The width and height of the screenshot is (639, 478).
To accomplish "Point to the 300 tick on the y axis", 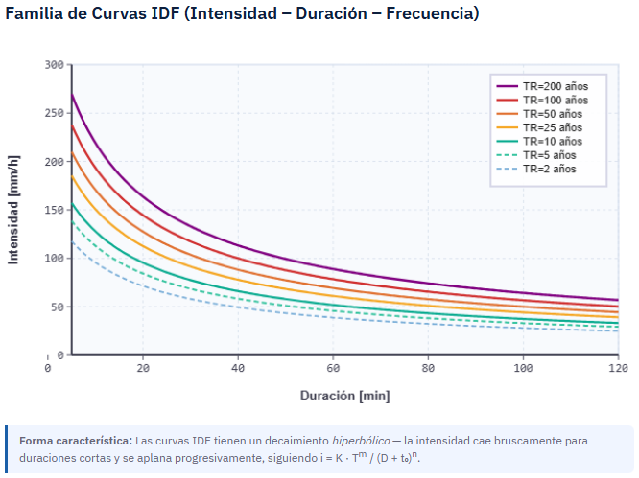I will [54, 65].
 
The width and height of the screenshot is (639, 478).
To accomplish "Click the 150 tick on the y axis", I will [54, 210].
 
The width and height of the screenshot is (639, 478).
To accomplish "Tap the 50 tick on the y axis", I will [58, 307].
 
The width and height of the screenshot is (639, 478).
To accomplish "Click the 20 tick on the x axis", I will [143, 367].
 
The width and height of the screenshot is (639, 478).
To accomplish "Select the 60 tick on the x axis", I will [333, 367].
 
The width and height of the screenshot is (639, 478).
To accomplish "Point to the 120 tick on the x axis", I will [618, 367].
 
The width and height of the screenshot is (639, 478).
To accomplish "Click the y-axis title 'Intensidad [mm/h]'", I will [14, 210].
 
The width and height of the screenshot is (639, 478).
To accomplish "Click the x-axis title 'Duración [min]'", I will [344, 396].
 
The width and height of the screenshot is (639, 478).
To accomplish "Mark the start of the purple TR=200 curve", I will [72, 94].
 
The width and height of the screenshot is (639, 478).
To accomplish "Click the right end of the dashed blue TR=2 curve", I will [618, 330].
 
